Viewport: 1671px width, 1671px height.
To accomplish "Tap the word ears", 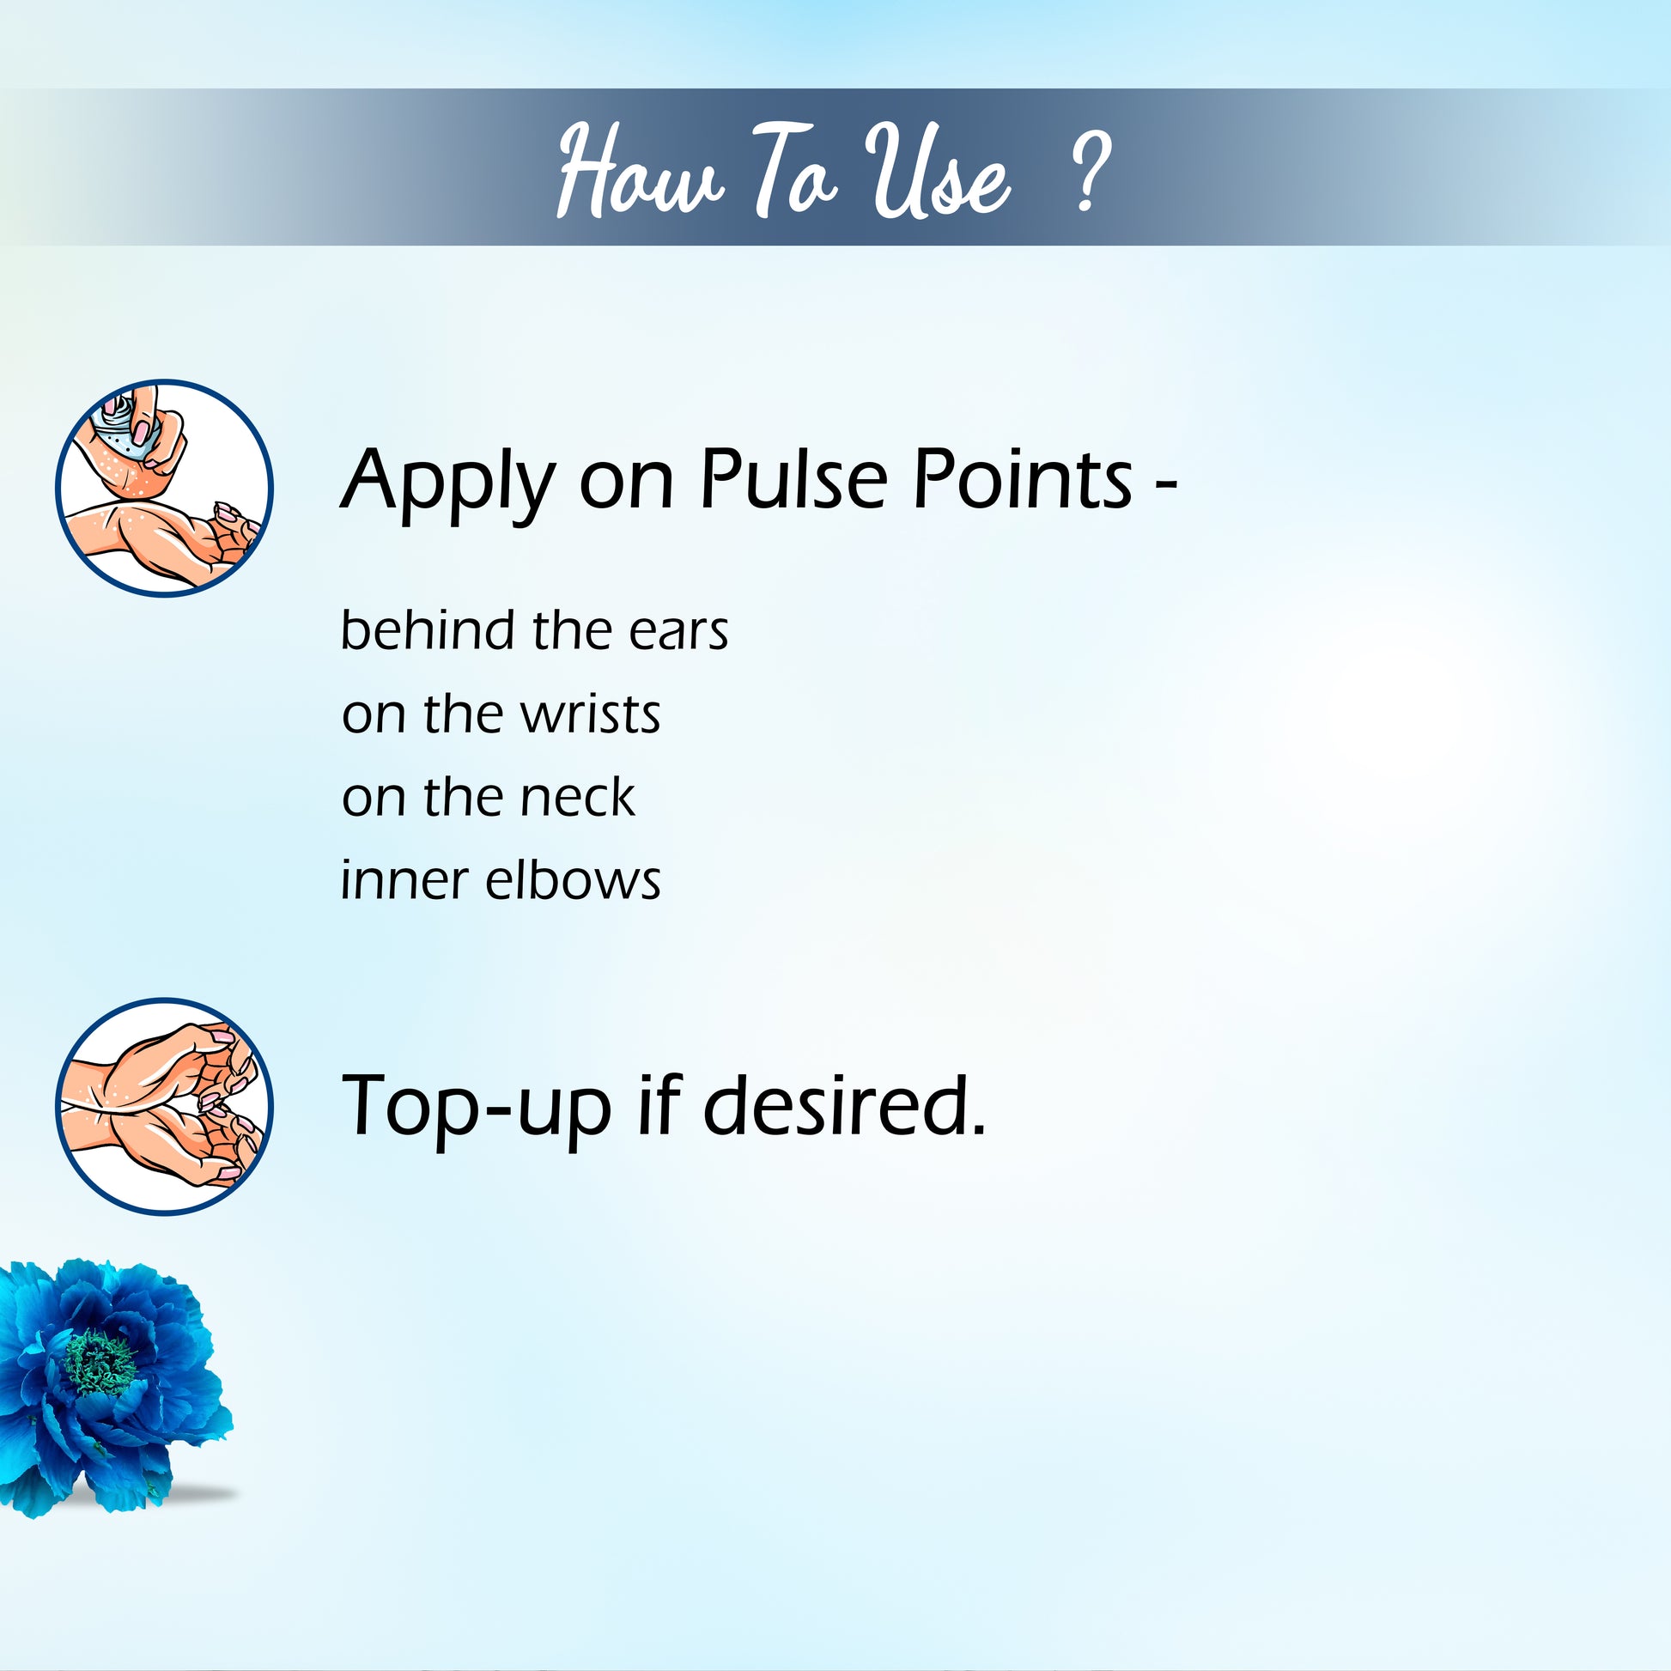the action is [x=678, y=632].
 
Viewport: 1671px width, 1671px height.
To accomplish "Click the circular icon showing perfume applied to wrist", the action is [x=164, y=487].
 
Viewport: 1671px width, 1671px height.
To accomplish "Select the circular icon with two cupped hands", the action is [x=164, y=1107].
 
